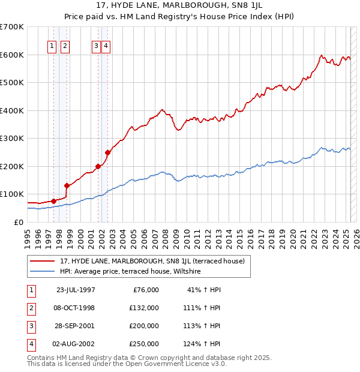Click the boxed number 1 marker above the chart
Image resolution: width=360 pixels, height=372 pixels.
(x=52, y=46)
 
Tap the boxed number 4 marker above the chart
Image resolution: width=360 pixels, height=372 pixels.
(x=106, y=46)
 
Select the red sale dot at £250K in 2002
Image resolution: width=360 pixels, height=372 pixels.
(x=107, y=152)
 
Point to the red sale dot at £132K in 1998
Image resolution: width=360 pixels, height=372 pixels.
(x=67, y=185)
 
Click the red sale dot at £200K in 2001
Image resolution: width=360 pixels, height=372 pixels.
(x=98, y=166)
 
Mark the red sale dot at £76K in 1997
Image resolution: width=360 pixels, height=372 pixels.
(x=53, y=201)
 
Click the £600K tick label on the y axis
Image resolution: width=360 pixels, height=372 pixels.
(x=12, y=55)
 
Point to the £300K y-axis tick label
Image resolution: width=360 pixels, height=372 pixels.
(x=12, y=138)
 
